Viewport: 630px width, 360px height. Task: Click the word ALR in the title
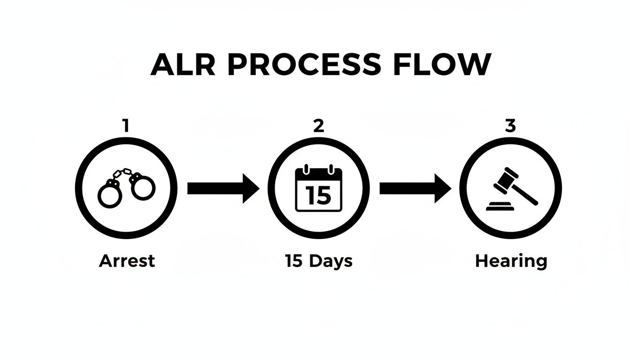pyautogui.click(x=183, y=65)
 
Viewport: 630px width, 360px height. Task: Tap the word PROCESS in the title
pyautogui.click(x=304, y=65)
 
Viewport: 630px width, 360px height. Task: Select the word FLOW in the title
pyautogui.click(x=442, y=65)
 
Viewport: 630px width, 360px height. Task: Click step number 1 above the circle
pyautogui.click(x=126, y=126)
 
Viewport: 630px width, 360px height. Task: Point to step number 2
pyautogui.click(x=319, y=126)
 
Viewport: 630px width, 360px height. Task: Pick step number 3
pyautogui.click(x=510, y=126)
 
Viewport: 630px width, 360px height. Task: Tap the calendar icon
pyautogui.click(x=319, y=188)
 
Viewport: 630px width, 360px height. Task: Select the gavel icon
pyautogui.click(x=512, y=189)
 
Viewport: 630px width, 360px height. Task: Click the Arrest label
pyautogui.click(x=127, y=261)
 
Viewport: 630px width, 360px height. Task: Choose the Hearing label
pyautogui.click(x=511, y=262)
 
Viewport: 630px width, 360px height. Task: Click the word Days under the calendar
pyautogui.click(x=330, y=262)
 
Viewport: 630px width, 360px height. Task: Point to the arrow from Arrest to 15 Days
pyautogui.click(x=223, y=188)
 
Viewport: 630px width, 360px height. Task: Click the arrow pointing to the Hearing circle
pyautogui.click(x=415, y=188)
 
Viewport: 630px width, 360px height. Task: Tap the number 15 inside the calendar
pyautogui.click(x=318, y=195)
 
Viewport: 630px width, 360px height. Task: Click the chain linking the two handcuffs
pyautogui.click(x=123, y=173)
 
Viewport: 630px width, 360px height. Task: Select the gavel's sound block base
pyautogui.click(x=500, y=206)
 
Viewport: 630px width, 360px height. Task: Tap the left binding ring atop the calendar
pyautogui.click(x=306, y=169)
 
